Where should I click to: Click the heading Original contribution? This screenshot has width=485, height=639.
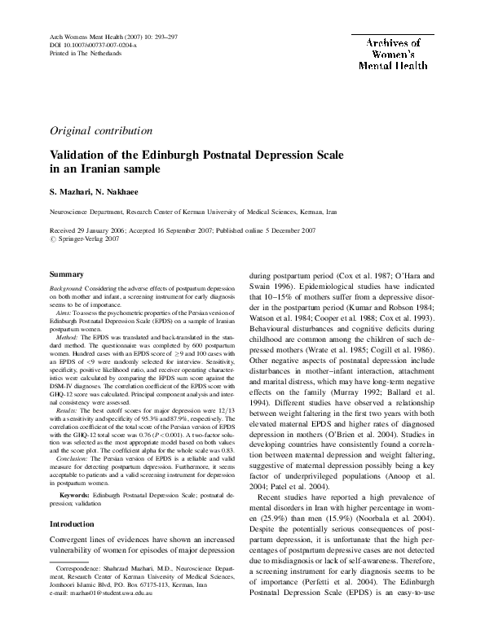(100, 130)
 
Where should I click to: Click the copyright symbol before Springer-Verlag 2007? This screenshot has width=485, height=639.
(55, 239)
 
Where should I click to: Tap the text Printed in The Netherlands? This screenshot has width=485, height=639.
(80, 54)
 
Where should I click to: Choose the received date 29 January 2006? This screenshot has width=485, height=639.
(111, 230)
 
